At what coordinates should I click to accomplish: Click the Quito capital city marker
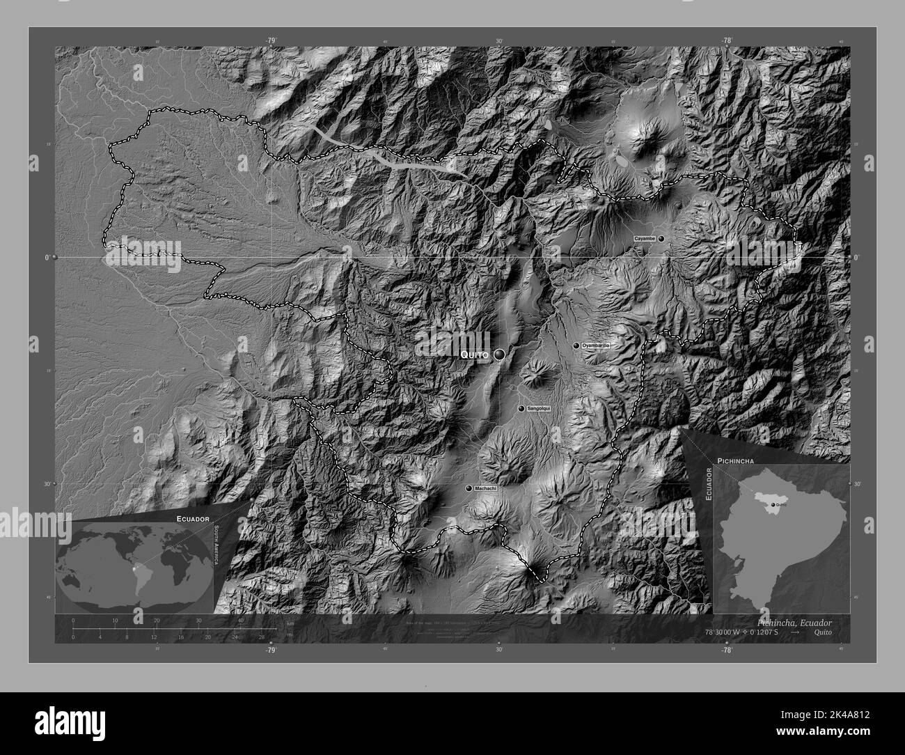[x=500, y=355]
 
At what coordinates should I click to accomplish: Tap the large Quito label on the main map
[x=475, y=355]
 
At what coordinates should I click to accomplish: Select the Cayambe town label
[x=644, y=238]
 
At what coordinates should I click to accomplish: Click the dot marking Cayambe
[x=661, y=238]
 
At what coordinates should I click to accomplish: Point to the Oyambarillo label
[x=596, y=345]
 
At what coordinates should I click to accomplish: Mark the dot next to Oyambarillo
[x=576, y=345]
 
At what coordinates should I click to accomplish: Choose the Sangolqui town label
[x=538, y=408]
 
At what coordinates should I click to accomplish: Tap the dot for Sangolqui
[x=521, y=408]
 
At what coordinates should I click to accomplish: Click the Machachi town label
[x=485, y=488]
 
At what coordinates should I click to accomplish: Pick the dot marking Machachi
[x=469, y=488]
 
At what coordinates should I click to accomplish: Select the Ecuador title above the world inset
[x=193, y=520]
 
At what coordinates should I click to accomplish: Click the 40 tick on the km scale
[x=241, y=620]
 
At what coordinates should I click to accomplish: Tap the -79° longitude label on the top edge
[x=271, y=40]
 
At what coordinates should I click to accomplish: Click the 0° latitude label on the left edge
[x=47, y=258]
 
